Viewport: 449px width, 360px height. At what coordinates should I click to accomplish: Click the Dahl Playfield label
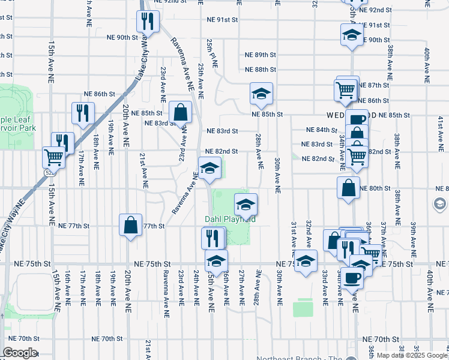(x=231, y=220)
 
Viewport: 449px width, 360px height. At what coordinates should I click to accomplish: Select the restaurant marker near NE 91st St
(x=146, y=22)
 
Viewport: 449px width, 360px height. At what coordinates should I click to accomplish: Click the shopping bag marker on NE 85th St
(x=180, y=112)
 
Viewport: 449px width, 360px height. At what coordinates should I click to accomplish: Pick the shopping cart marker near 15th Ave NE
(x=53, y=157)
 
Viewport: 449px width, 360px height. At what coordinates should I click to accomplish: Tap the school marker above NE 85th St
(x=261, y=94)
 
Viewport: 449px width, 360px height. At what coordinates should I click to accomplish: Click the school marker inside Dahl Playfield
(x=245, y=205)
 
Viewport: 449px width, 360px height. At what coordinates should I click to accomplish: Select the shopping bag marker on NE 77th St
(x=130, y=226)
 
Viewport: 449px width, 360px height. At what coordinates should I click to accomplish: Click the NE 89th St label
(x=261, y=55)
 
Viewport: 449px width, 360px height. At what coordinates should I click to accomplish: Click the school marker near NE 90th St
(x=352, y=35)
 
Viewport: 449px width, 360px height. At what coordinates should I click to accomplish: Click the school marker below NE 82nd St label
(x=209, y=168)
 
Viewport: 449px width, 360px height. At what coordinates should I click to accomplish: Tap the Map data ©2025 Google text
(x=412, y=355)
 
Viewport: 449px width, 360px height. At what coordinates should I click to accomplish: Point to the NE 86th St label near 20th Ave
(x=99, y=94)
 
